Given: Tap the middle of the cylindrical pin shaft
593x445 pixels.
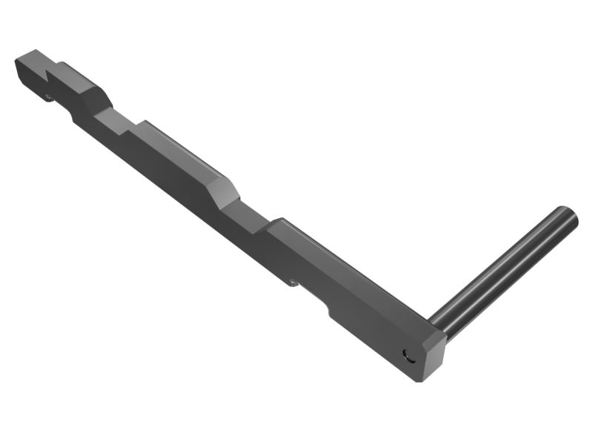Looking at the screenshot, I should point(504,268).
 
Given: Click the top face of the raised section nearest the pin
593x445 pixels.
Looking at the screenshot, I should point(348,266).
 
